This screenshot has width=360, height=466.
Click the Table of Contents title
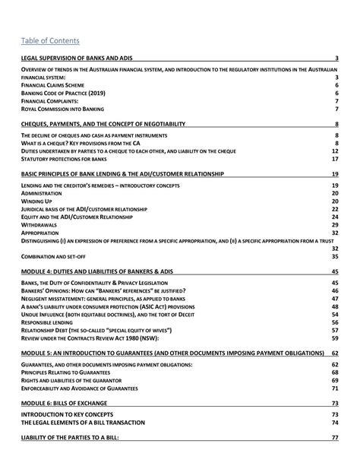point(51,40)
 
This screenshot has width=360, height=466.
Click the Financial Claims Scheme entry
point(50,85)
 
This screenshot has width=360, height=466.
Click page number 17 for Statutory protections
point(335,159)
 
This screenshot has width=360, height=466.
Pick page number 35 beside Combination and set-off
point(335,256)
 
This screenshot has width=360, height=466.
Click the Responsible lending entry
point(49,322)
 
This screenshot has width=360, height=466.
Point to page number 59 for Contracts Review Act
point(335,338)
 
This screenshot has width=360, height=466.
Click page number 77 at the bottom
point(335,439)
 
